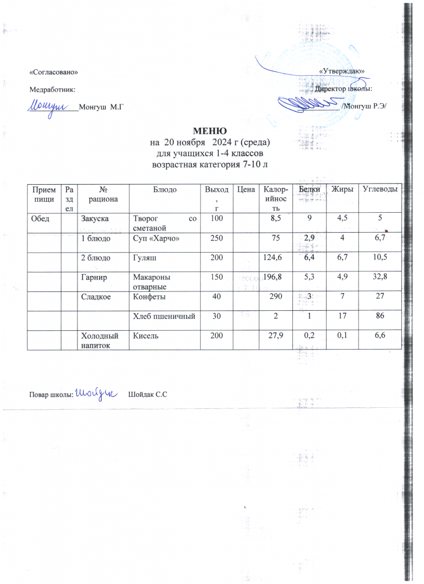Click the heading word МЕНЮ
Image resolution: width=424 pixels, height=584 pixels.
coord(212,131)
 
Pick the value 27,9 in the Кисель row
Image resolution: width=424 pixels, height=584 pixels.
coord(272,337)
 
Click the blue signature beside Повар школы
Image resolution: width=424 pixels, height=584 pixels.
coord(96,394)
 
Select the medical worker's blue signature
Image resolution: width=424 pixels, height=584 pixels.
coord(48,106)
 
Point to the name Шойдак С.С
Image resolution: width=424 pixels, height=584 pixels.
coord(148,395)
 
